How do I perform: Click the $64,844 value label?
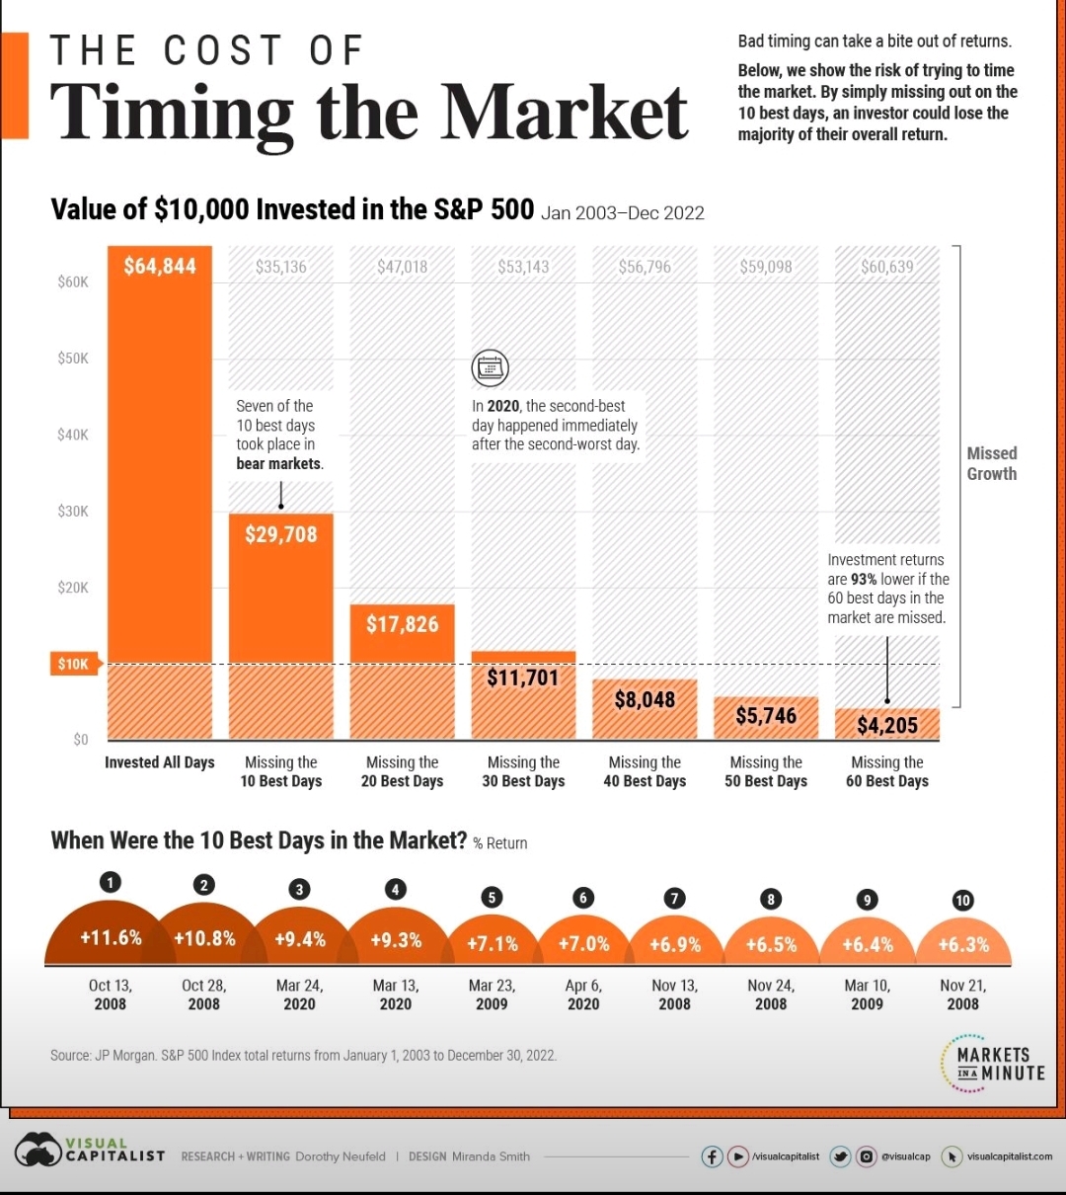160,267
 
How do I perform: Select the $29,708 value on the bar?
281,534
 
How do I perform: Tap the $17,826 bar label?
402,624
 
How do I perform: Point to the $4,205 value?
886,726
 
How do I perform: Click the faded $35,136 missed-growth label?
281,267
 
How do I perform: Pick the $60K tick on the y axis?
73,282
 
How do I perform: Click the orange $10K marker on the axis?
73,664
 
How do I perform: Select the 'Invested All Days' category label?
160,762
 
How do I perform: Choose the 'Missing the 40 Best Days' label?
645,771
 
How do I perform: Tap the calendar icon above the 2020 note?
490,367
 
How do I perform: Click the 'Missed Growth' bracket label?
992,463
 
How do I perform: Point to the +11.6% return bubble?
111,937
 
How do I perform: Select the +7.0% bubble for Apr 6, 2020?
583,943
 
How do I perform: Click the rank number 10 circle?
962,900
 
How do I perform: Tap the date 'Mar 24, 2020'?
299,995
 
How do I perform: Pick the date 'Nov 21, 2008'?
962,995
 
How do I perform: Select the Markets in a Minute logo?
992,1063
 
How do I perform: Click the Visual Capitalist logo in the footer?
89,1152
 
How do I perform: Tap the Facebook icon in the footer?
712,1156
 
